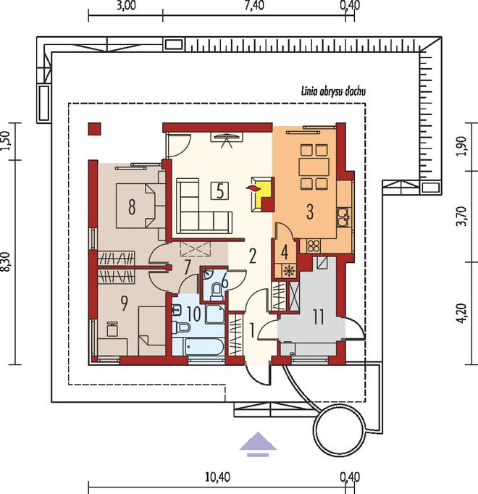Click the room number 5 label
click(x=220, y=191)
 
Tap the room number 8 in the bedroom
click(x=132, y=206)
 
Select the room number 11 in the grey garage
click(x=319, y=317)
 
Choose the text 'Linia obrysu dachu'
click(x=333, y=92)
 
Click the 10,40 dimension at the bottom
click(x=217, y=477)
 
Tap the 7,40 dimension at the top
click(x=254, y=5)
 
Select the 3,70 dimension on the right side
click(x=463, y=216)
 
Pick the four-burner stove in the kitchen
click(x=313, y=246)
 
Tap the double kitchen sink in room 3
click(x=343, y=217)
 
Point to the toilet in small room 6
click(x=217, y=291)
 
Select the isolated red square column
click(x=95, y=129)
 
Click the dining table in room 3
click(x=314, y=167)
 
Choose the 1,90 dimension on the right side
click(x=463, y=146)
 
